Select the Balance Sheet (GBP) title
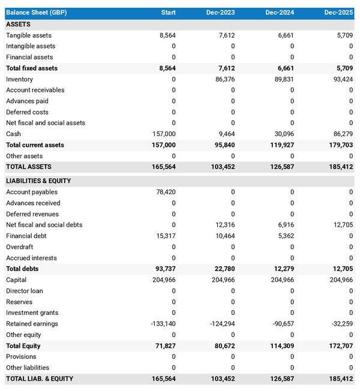[x=37, y=13]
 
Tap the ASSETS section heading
[x=18, y=25]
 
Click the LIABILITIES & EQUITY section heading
[x=38, y=181]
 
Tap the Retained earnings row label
[x=32, y=324]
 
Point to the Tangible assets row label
[x=29, y=35]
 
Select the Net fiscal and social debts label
[x=44, y=225]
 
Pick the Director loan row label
[x=25, y=291]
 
